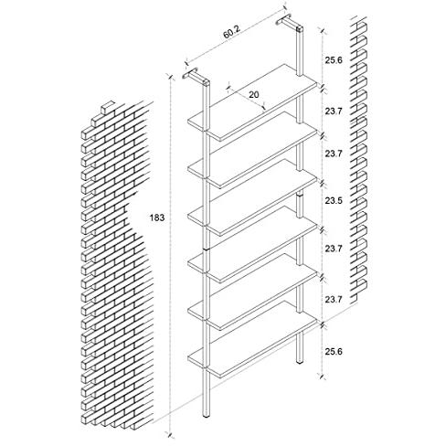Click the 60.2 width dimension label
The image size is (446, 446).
pos(232,32)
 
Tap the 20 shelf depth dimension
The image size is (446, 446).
pos(253,95)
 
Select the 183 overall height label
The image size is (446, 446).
pos(157,218)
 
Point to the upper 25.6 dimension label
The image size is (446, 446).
pos(334,60)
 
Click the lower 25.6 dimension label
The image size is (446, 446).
pos(334,351)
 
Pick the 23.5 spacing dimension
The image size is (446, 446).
pos(334,201)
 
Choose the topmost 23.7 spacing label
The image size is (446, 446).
pos(334,111)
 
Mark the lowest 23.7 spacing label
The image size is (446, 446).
pos(334,300)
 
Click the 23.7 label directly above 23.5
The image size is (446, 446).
pos(334,154)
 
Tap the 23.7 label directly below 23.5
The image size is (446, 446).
pos(334,249)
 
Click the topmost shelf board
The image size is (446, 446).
pos(253,102)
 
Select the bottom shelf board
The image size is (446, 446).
pos(253,339)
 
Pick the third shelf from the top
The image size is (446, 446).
pos(253,196)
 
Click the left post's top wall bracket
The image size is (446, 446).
pos(196,77)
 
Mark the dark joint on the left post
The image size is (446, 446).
pos(207,250)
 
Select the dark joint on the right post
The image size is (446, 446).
pos(301,195)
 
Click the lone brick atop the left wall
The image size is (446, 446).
pos(108,108)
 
